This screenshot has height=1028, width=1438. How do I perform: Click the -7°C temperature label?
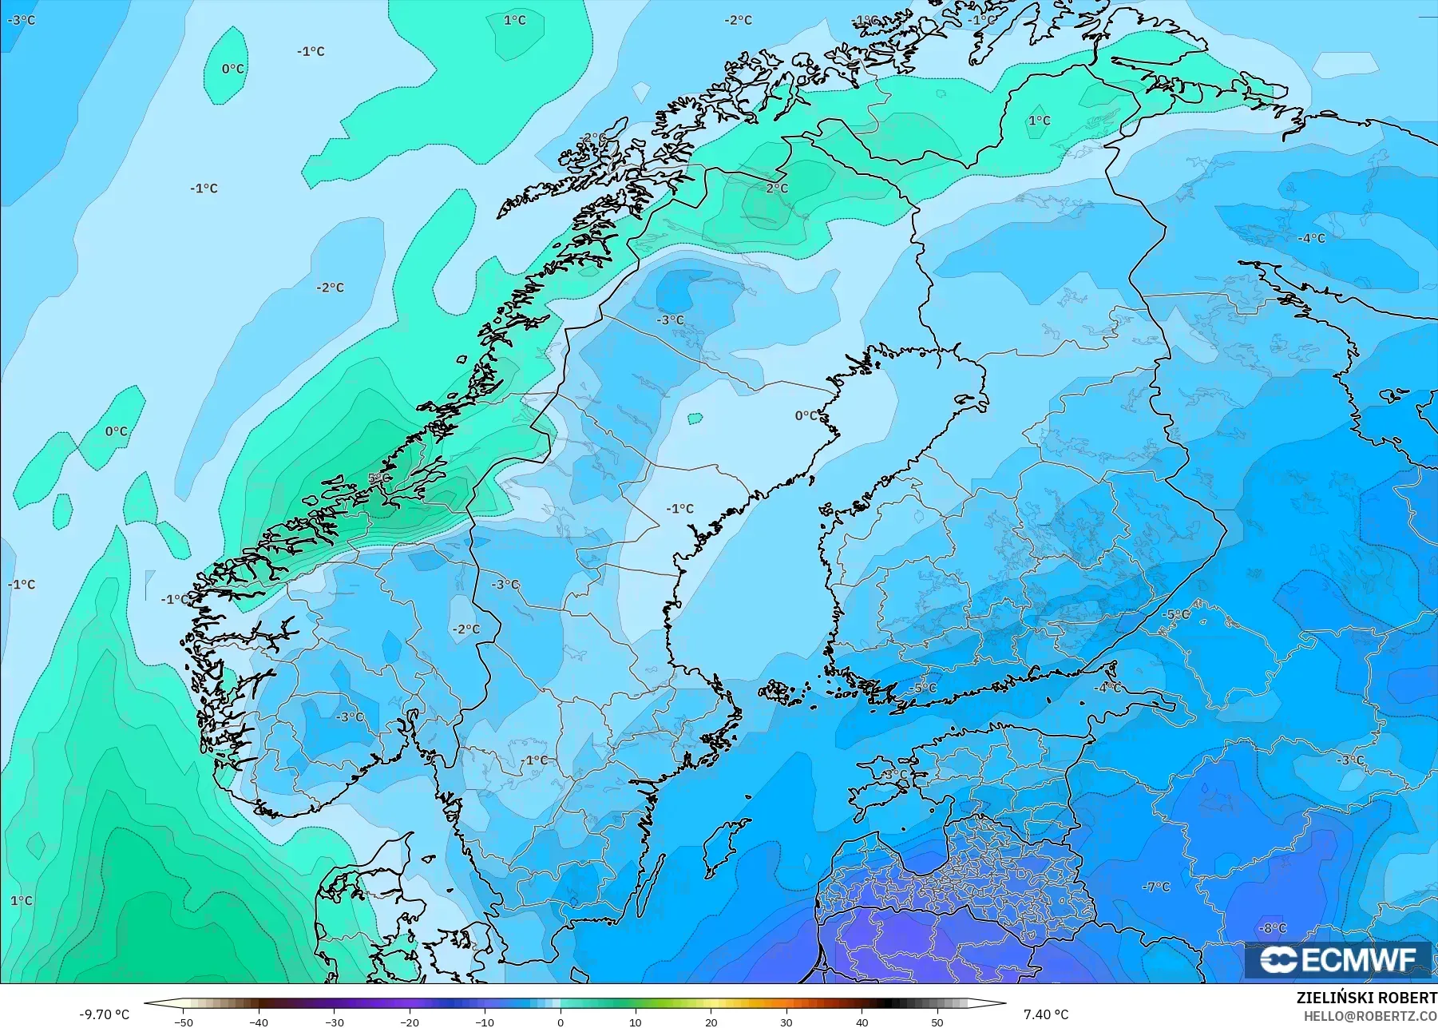coord(1155,887)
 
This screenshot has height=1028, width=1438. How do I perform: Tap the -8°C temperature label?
coord(1273,928)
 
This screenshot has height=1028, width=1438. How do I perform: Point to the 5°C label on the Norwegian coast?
coord(379,478)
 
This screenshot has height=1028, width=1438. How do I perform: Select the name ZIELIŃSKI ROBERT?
coord(1366,998)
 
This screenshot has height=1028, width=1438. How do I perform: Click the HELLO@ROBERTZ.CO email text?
coord(1370,1016)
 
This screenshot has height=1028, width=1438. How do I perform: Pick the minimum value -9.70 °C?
coord(104,1014)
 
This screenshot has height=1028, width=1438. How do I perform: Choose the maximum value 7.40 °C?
coord(1045,1014)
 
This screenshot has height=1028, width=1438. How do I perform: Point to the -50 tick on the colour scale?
coord(184,1022)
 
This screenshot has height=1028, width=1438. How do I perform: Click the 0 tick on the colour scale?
coord(561,1022)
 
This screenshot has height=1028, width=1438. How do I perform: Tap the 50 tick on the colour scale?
coord(937,1022)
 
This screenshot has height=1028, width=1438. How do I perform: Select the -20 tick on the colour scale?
coord(410,1022)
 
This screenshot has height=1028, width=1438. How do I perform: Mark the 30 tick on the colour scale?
coord(786,1022)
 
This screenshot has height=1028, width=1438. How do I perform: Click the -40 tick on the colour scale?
coord(259,1022)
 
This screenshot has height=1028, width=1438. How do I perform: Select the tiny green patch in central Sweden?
coord(695,417)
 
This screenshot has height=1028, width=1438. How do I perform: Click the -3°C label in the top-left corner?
coord(22,20)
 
